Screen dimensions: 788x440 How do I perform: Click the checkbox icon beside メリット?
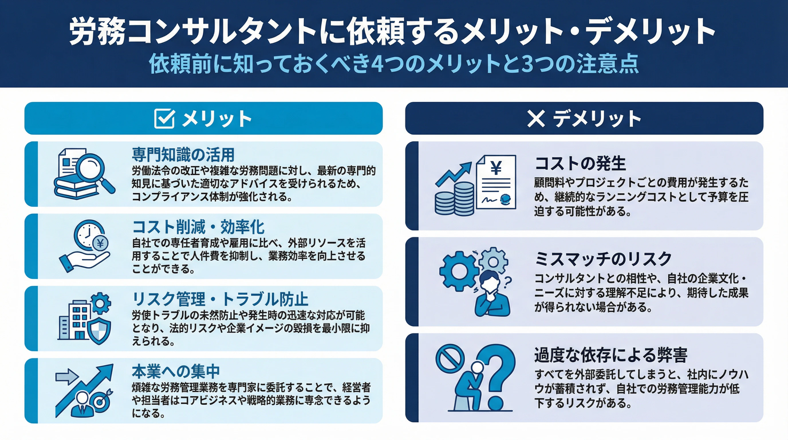[x=165, y=118]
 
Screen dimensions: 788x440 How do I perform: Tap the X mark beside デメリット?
[x=536, y=118]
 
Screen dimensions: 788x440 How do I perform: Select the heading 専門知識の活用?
[x=183, y=154]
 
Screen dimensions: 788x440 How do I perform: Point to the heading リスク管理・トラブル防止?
[x=220, y=299]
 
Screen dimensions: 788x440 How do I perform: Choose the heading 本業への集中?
[x=176, y=371]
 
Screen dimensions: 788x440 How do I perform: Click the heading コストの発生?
[x=580, y=163]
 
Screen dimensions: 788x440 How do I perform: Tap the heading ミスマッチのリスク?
[x=603, y=259]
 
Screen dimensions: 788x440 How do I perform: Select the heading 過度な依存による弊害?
[x=611, y=355]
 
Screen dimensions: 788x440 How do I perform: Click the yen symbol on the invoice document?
[x=496, y=168]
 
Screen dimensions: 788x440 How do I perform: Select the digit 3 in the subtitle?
[x=527, y=64]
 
